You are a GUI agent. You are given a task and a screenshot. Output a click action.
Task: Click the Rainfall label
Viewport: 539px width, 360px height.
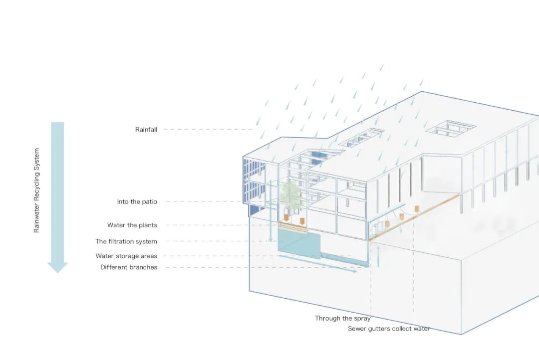146,130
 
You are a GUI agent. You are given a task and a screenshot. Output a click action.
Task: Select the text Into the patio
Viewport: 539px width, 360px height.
137,202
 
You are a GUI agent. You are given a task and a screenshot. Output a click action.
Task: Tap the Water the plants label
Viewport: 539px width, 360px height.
132,225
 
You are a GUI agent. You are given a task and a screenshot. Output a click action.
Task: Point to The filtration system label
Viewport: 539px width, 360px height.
126,242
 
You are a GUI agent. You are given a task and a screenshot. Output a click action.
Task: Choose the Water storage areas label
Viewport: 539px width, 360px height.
126,256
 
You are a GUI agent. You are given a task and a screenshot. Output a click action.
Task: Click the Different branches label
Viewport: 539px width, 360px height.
128,267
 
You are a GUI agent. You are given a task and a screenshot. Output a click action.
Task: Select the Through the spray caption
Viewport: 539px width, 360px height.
342,318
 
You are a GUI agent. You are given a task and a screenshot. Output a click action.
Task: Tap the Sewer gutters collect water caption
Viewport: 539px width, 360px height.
389,329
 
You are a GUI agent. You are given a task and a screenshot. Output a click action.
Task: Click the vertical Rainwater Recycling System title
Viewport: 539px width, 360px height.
36,190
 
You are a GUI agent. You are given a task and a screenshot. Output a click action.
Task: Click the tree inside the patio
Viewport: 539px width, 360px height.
290,195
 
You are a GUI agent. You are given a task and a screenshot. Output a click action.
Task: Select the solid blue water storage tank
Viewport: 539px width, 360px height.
299,243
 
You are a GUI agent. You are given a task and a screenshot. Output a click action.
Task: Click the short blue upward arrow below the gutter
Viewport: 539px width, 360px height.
379,254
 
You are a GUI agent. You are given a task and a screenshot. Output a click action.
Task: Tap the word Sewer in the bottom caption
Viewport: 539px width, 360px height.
357,329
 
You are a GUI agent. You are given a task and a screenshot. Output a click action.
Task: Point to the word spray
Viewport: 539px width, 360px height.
360,318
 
